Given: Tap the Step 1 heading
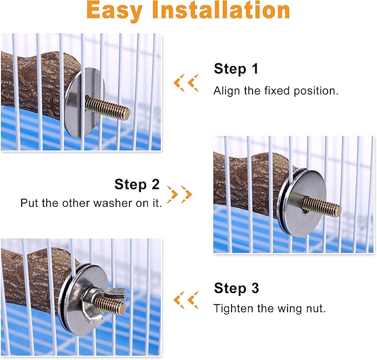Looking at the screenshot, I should (236, 69).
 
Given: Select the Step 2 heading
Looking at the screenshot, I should (137, 184).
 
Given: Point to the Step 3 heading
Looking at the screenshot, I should (236, 288).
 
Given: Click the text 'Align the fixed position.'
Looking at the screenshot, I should (276, 91).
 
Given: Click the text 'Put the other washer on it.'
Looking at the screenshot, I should (91, 204).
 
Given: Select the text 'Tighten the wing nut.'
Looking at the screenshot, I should (269, 308).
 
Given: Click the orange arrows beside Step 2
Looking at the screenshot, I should (179, 194).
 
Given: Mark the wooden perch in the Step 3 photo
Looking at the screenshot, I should (33, 277).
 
